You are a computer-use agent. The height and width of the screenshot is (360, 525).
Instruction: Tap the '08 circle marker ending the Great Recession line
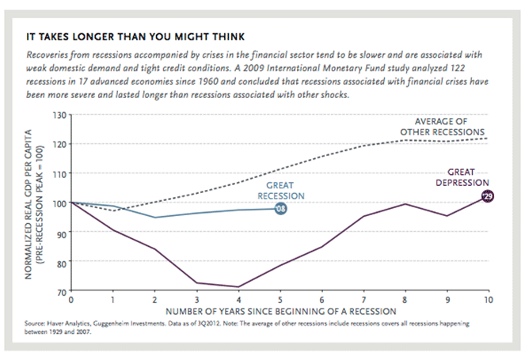pos(280,208)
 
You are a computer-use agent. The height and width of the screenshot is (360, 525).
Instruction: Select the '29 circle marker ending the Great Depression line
pos(487,196)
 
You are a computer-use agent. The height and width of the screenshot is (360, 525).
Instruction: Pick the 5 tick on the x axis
pos(279,301)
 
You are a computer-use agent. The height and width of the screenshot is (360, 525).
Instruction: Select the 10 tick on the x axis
pos(486,301)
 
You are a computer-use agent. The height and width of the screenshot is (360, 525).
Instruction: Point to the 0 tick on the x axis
pos(72,301)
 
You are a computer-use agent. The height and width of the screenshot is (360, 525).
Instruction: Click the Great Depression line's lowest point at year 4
pos(238,286)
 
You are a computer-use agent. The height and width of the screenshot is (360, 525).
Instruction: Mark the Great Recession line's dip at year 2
pos(154,217)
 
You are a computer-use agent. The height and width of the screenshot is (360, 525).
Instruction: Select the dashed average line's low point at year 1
pos(113,210)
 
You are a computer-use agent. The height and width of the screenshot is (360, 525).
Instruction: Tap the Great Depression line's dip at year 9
pos(445,215)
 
